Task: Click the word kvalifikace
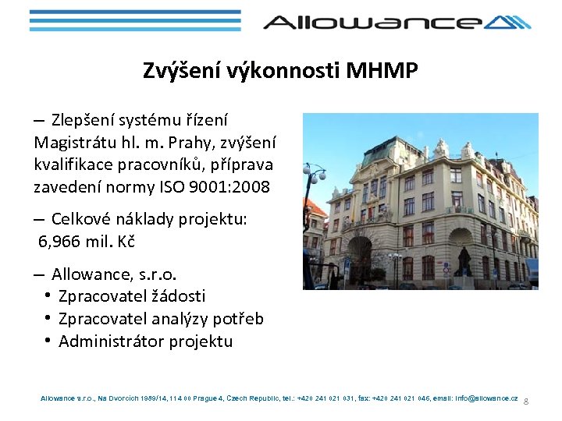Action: coord(76,165)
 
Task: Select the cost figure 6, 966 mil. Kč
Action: coord(87,242)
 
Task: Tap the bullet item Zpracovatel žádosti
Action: coord(132,296)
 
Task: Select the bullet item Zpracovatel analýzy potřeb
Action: coord(161,319)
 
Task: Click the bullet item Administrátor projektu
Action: coord(145,341)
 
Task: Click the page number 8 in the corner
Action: coord(526,401)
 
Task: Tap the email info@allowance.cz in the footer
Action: coord(487,398)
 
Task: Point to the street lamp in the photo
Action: coord(315,175)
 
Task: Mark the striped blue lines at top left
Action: coord(134,22)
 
